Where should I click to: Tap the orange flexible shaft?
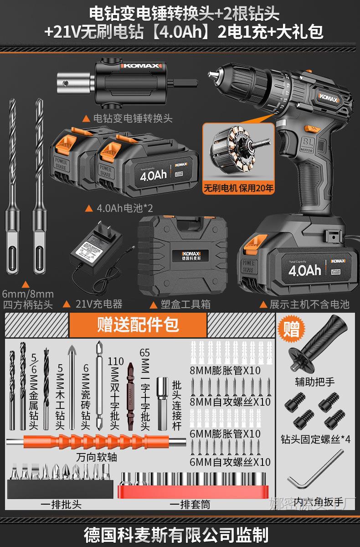point(96,443)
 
